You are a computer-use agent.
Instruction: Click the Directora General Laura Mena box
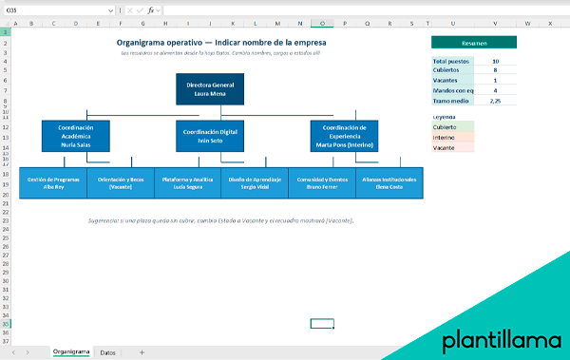coord(209,89)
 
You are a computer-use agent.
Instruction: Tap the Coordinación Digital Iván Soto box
coord(209,135)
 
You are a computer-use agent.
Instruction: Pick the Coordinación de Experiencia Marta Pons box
coord(344,135)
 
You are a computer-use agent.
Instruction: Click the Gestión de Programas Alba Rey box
coord(51,182)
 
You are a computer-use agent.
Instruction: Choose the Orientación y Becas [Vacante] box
coord(120,182)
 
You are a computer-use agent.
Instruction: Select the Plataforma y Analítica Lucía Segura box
coord(187,182)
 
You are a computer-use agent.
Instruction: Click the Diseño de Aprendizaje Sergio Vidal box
coord(255,182)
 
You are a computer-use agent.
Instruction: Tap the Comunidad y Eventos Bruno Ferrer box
coord(321,182)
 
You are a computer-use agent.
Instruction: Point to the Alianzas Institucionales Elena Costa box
coord(389,182)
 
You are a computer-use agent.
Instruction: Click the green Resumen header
coord(473,42)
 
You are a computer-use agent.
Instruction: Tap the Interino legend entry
coord(452,137)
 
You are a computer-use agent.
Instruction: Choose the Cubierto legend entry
coord(452,126)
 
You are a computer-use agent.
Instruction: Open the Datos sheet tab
coord(108,352)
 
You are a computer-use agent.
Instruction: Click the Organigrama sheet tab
coord(71,352)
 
